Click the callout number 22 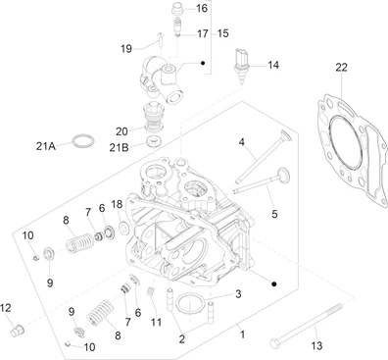(x=341, y=67)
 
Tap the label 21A (x=46, y=146)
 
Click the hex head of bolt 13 (x=274, y=343)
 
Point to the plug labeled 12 (x=18, y=330)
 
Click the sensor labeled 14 (x=241, y=66)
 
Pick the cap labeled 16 (x=178, y=8)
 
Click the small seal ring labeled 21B (x=154, y=141)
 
